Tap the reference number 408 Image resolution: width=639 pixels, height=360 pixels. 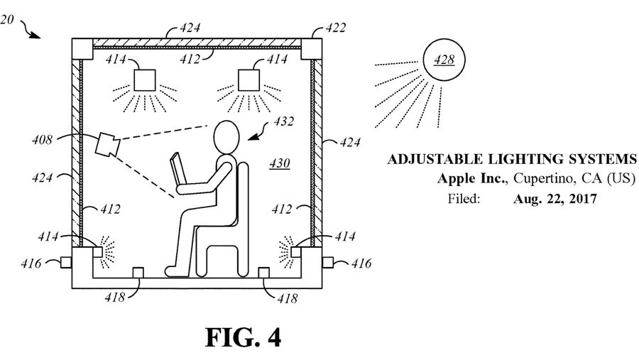click(x=43, y=140)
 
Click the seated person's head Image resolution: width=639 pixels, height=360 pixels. click(x=226, y=137)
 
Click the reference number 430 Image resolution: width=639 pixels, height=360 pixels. click(x=280, y=163)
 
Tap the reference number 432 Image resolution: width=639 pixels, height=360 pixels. click(x=283, y=121)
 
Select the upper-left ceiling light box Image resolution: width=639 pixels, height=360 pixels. click(x=145, y=80)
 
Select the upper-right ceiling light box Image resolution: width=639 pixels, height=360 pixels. click(x=248, y=80)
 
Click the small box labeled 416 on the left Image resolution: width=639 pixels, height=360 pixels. click(x=66, y=262)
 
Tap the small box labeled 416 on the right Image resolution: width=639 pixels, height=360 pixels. click(x=327, y=262)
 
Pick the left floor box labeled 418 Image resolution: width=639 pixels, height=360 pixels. click(x=138, y=273)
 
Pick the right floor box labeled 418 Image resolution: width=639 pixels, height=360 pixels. click(x=264, y=273)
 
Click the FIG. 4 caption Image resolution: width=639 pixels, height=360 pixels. click(x=244, y=337)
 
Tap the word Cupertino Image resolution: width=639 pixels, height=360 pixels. click(x=545, y=178)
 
